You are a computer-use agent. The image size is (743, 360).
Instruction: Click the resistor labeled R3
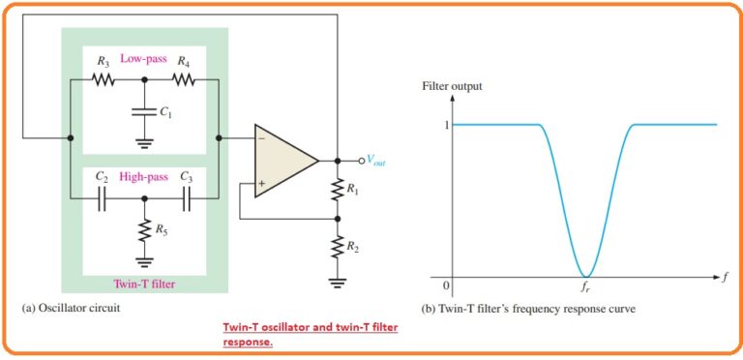(x=104, y=80)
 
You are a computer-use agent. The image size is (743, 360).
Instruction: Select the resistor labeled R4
(x=184, y=80)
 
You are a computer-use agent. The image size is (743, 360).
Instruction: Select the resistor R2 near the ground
(x=337, y=248)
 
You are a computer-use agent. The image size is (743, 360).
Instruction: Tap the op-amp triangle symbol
(x=283, y=161)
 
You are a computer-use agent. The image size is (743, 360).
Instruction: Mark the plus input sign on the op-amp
(x=262, y=180)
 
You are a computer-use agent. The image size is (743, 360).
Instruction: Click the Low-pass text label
(x=143, y=58)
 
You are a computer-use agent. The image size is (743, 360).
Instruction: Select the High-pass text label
(x=144, y=178)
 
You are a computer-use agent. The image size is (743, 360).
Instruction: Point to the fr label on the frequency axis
(x=585, y=288)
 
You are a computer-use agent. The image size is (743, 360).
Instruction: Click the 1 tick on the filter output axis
(x=447, y=124)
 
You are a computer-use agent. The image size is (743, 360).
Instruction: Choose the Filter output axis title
(x=452, y=87)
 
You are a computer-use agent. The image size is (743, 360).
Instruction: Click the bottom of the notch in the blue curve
(x=585, y=276)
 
